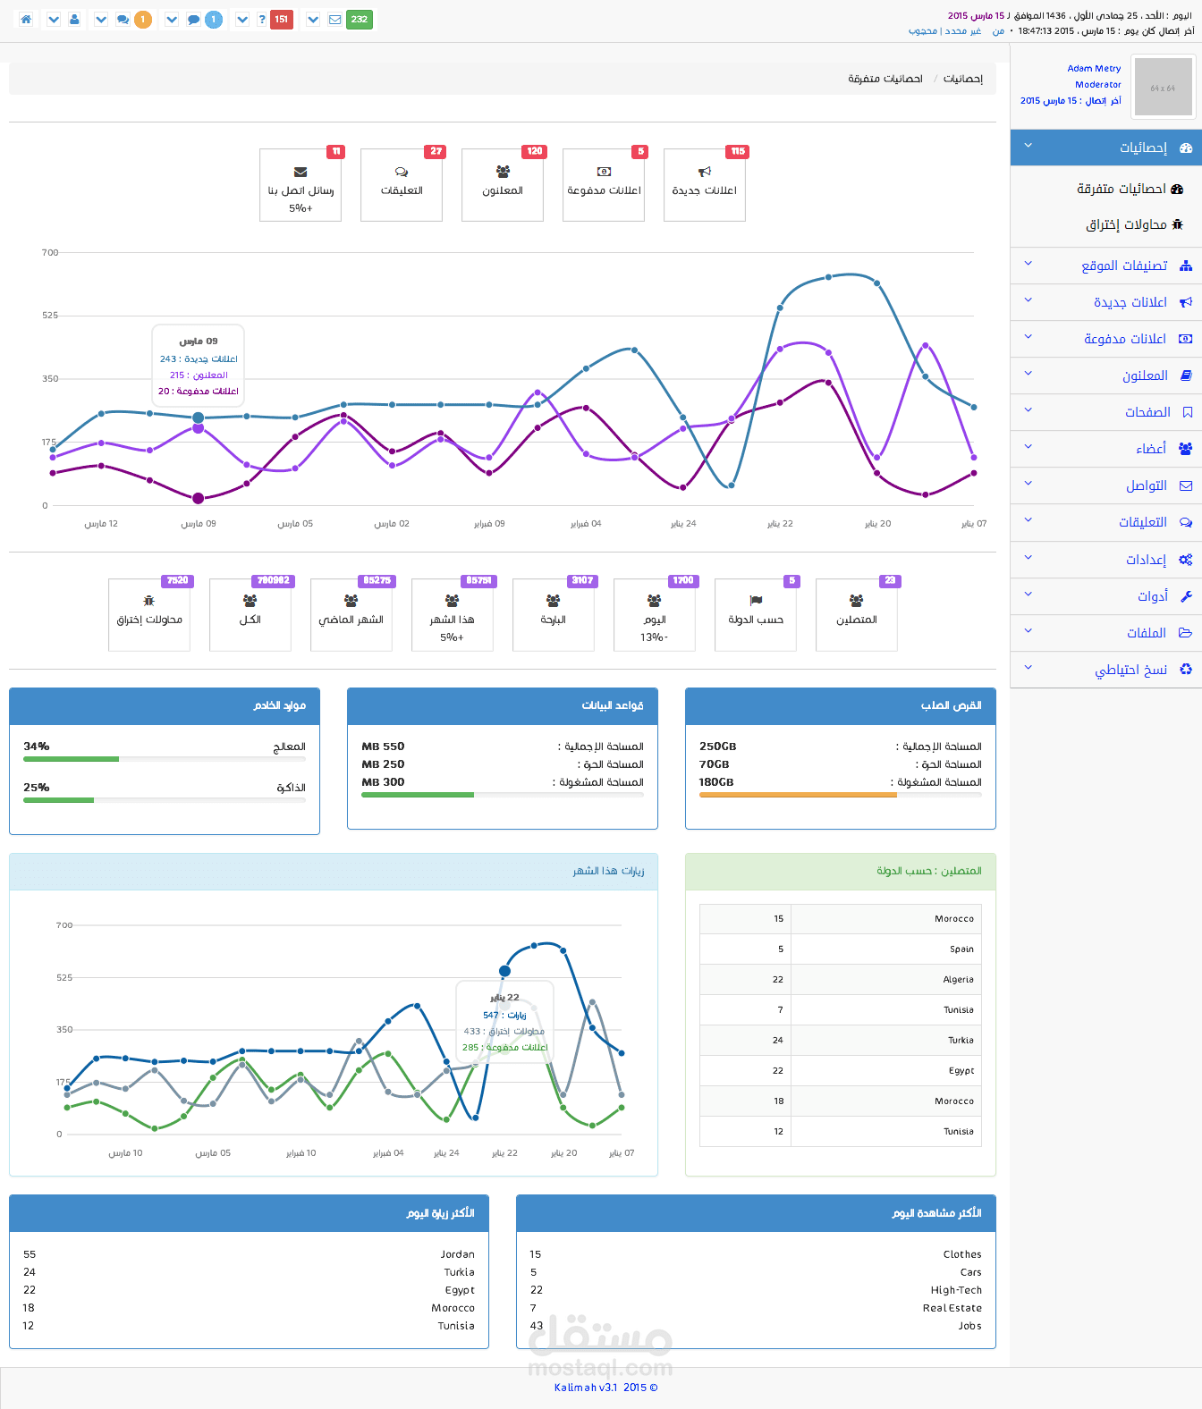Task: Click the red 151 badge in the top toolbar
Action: pyautogui.click(x=282, y=20)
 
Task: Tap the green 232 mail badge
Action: pyautogui.click(x=359, y=20)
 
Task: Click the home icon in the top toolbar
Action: pyautogui.click(x=26, y=20)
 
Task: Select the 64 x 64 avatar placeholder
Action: pyautogui.click(x=1163, y=88)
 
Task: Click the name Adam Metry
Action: pyautogui.click(x=1094, y=69)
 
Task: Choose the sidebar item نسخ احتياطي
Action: pyautogui.click(x=1130, y=670)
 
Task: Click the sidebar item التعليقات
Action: pyautogui.click(x=1142, y=522)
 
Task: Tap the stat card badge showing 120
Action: pyautogui.click(x=535, y=152)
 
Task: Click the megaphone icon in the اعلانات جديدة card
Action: pyautogui.click(x=705, y=172)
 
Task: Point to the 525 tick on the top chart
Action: pyautogui.click(x=50, y=316)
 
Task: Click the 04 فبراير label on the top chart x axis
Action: pyautogui.click(x=586, y=524)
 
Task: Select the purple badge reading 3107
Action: pyautogui.click(x=582, y=581)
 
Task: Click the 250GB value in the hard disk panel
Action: pyautogui.click(x=718, y=747)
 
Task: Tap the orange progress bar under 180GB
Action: pyautogui.click(x=798, y=795)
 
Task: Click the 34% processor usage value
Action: pyautogui.click(x=37, y=747)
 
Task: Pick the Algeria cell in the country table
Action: pyautogui.click(x=958, y=980)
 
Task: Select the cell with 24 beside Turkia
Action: pyautogui.click(x=777, y=1041)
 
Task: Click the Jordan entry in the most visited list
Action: pyautogui.click(x=457, y=1254)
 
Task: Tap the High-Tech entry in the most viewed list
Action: pyautogui.click(x=956, y=1290)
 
